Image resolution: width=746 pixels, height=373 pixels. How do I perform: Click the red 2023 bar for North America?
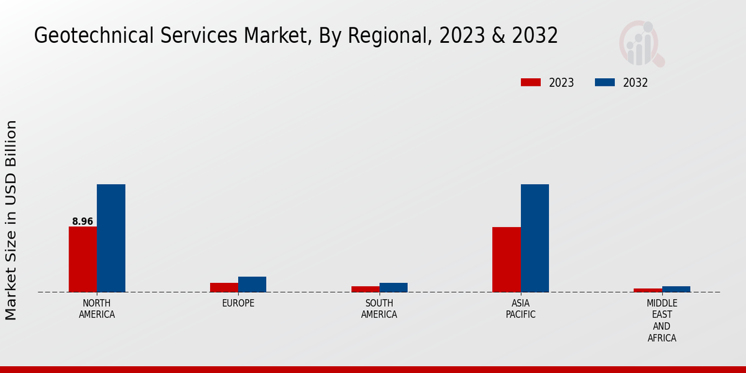(x=83, y=259)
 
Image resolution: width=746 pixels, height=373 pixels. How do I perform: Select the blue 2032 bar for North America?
(x=111, y=238)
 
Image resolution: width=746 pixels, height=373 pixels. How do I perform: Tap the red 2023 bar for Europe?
(x=224, y=287)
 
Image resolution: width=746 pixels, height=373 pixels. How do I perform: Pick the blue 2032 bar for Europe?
(x=252, y=284)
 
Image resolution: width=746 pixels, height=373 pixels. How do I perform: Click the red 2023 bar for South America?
(x=365, y=289)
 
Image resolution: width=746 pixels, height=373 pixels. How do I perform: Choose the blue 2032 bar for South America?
(x=394, y=287)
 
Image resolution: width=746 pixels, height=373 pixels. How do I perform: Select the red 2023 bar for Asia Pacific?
(x=506, y=259)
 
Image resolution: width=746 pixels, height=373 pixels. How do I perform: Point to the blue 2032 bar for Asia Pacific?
(x=535, y=238)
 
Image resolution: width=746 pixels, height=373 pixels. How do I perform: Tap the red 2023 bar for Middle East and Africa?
(x=648, y=290)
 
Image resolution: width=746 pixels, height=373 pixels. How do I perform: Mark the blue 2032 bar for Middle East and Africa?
(x=676, y=289)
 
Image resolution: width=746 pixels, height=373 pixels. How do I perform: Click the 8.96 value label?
(x=83, y=221)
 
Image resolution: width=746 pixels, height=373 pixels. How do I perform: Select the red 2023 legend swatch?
(x=531, y=83)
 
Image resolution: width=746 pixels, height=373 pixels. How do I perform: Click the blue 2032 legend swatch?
(x=605, y=83)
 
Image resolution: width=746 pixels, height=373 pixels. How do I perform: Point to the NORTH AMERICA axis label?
(x=97, y=309)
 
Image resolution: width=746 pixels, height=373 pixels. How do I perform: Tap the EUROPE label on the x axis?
(x=238, y=303)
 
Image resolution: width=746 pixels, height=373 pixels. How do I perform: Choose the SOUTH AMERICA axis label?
(x=379, y=309)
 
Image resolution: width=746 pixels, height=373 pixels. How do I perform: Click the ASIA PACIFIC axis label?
(x=520, y=309)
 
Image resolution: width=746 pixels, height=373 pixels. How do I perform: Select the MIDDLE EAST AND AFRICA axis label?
(x=661, y=321)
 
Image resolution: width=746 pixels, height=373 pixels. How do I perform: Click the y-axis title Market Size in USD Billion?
(x=11, y=220)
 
